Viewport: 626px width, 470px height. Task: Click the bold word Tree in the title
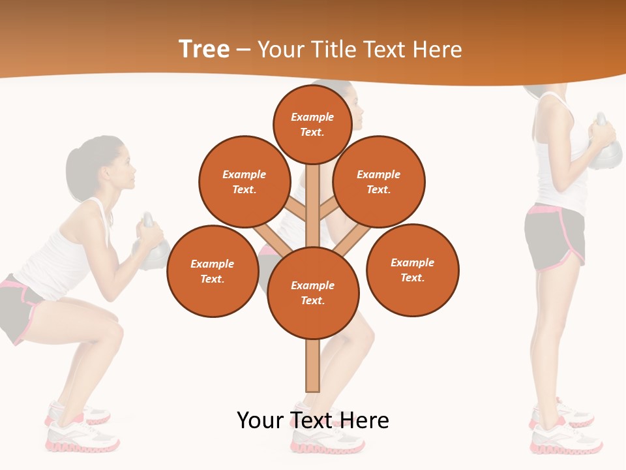point(204,50)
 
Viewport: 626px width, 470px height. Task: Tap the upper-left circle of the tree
point(244,181)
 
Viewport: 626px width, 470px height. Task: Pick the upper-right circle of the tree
point(378,181)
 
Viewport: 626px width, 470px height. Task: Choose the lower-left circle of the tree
point(212,271)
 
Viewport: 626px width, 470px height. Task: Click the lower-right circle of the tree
point(412,270)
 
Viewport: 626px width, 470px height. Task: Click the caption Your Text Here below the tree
point(312,420)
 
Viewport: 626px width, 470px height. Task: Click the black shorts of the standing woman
point(554,238)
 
